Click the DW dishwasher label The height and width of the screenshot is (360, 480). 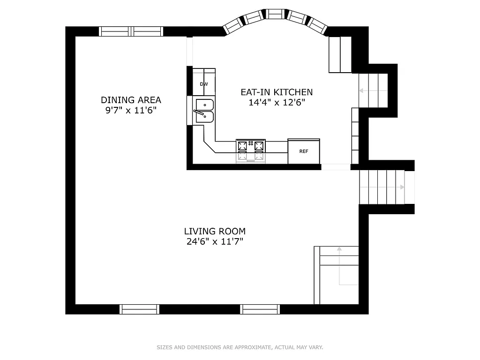(x=204, y=84)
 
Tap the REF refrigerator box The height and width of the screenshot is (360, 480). (x=304, y=151)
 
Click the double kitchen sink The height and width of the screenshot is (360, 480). (x=204, y=111)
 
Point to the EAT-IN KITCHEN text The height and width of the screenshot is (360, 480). (x=277, y=92)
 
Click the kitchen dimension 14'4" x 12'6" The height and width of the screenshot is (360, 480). (x=277, y=102)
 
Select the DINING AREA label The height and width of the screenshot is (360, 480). (x=131, y=100)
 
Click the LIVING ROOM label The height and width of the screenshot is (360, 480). (x=214, y=231)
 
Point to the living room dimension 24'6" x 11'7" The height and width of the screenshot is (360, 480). (x=214, y=241)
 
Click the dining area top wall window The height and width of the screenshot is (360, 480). (x=131, y=31)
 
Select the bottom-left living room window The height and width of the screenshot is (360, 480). (x=140, y=309)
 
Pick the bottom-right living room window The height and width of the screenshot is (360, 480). (x=260, y=309)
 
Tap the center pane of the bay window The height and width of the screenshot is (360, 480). (x=274, y=15)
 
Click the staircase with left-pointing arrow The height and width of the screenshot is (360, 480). (x=374, y=90)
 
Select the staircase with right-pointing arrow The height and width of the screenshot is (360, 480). (x=382, y=187)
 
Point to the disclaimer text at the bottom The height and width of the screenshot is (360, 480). (x=240, y=347)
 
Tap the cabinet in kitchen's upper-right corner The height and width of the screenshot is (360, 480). (x=340, y=54)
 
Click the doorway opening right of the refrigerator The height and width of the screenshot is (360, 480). (x=336, y=167)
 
